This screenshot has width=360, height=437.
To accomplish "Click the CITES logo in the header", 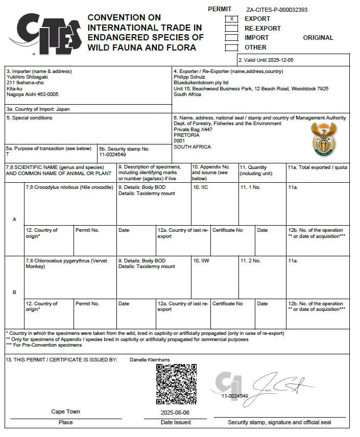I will point(49,33).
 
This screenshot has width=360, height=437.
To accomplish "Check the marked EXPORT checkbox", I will point(232,19).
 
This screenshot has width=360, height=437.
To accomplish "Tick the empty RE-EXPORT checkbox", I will point(232,28).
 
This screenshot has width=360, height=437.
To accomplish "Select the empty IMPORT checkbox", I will point(232,38).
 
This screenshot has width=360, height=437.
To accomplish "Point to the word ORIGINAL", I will point(318,38).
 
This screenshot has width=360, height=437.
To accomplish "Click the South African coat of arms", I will point(323,139).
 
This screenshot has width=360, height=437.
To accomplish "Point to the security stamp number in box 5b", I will point(113,154).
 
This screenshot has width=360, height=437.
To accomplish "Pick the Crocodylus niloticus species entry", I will point(69,187).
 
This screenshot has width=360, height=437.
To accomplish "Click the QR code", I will point(176,383).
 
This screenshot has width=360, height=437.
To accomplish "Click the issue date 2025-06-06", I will point(175,412).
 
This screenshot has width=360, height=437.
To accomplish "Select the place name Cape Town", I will point(65,411).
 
